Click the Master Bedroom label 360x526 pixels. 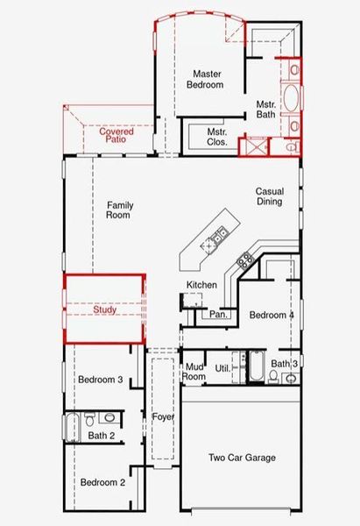click(x=206, y=80)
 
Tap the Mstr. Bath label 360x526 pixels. click(x=265, y=110)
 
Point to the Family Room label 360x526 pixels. click(x=119, y=210)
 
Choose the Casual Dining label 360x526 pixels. click(x=269, y=196)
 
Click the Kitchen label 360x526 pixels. click(x=201, y=285)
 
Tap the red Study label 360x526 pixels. click(x=104, y=309)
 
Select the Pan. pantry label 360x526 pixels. click(x=218, y=314)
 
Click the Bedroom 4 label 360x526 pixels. click(x=272, y=315)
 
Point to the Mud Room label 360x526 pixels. click(x=194, y=372)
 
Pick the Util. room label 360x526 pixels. click(x=222, y=370)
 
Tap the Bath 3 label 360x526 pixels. click(x=284, y=363)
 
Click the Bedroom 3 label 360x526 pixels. click(x=100, y=380)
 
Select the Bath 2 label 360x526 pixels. click(x=102, y=435)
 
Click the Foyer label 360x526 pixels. click(x=163, y=416)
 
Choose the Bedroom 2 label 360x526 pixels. click(x=103, y=482)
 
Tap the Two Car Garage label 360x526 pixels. click(x=242, y=458)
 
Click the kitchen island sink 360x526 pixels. click(x=218, y=233)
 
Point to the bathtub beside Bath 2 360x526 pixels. click(x=72, y=428)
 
